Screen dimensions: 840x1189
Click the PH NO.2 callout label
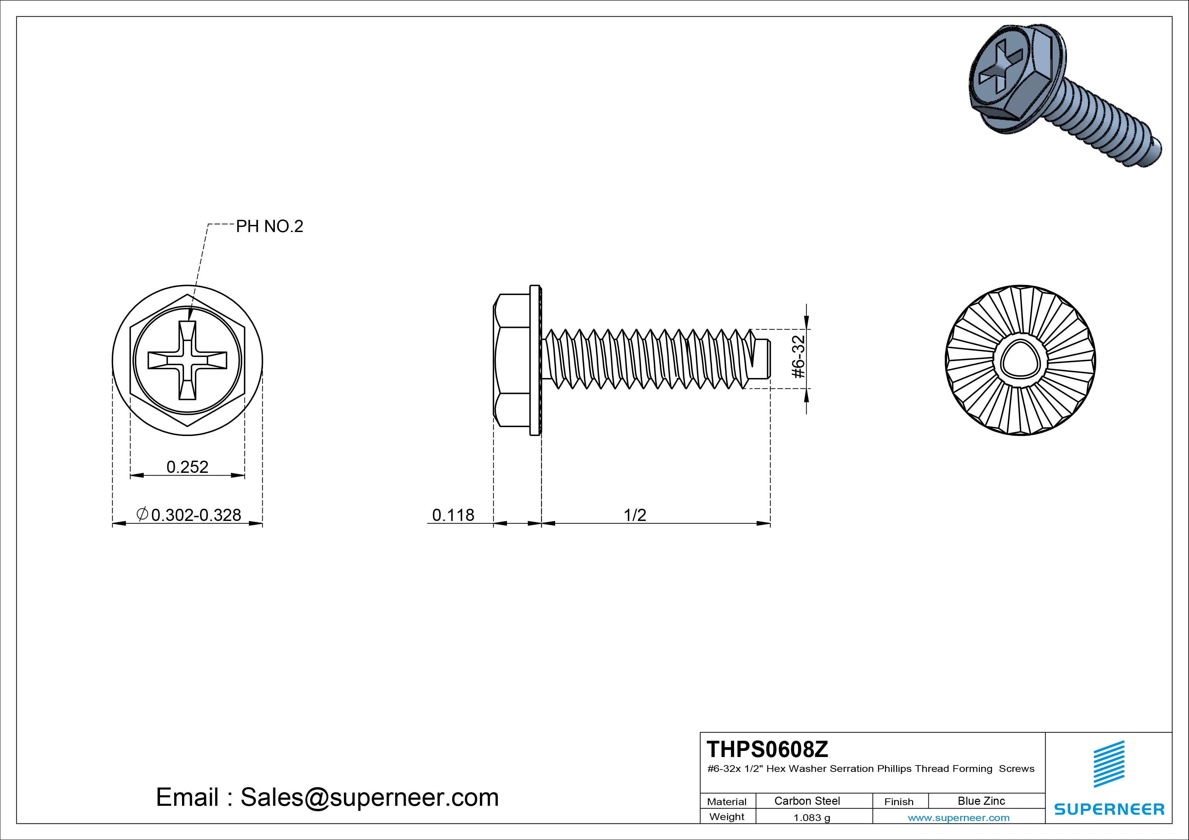(269, 227)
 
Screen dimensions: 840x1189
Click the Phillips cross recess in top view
(187, 360)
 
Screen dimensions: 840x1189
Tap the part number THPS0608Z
(767, 749)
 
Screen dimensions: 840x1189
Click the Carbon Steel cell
(807, 801)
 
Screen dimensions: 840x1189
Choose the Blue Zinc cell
(981, 801)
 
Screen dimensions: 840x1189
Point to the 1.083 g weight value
(811, 818)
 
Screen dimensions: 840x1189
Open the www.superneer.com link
(959, 818)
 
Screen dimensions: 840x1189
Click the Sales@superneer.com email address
(369, 798)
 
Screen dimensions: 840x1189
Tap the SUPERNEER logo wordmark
(1109, 809)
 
